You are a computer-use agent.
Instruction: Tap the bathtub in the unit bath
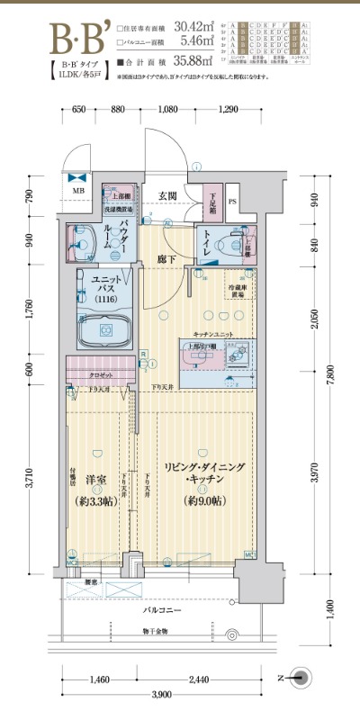[x=106, y=331]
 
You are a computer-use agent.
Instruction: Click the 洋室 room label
[x=94, y=481]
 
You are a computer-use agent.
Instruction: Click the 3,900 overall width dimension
[x=161, y=695]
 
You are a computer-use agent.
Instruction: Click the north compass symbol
[x=303, y=678]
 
